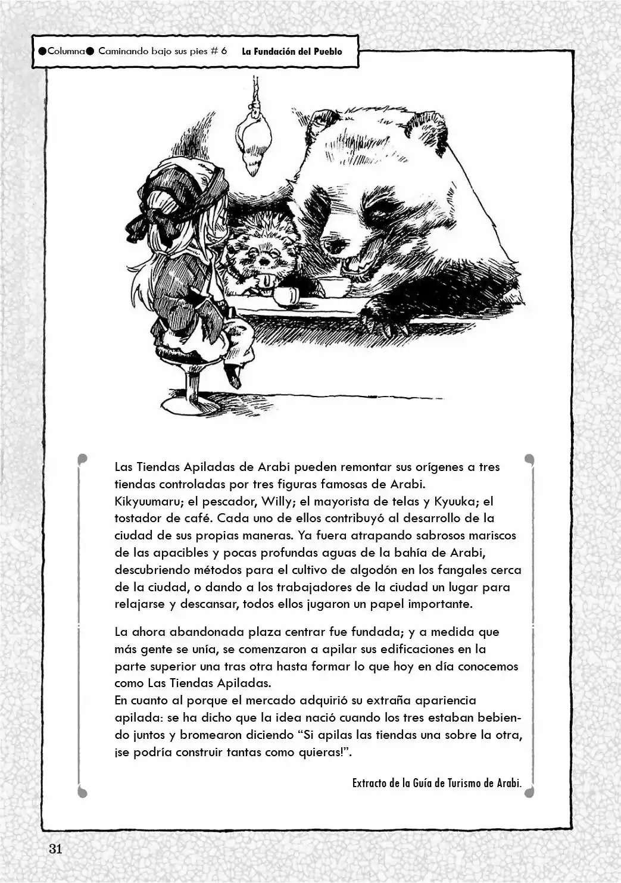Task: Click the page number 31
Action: point(55,849)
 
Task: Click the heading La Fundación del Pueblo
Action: point(292,51)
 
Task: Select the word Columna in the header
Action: point(66,51)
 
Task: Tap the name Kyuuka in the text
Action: point(455,501)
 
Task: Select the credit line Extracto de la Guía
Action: point(436,782)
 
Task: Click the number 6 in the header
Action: point(224,51)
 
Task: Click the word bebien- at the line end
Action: point(494,717)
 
